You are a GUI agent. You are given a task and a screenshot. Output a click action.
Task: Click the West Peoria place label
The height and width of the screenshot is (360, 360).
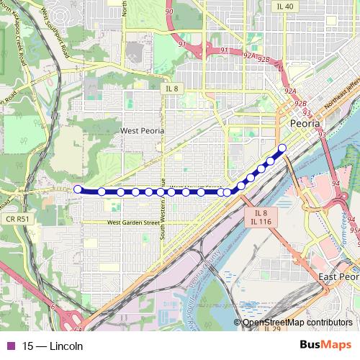point(142,131)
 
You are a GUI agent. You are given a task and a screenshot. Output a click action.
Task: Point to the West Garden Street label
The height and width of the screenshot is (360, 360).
point(133,223)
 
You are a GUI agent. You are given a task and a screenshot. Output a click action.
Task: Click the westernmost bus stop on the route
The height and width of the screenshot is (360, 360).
point(78,189)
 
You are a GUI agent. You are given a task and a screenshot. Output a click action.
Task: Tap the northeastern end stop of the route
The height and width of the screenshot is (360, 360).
point(282,148)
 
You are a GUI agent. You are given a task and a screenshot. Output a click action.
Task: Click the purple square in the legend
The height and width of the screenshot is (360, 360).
point(10,346)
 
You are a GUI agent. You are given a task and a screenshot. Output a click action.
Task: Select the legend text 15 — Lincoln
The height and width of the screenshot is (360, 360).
point(53,346)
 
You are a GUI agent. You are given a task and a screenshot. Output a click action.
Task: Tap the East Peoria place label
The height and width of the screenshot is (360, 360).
point(338,277)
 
